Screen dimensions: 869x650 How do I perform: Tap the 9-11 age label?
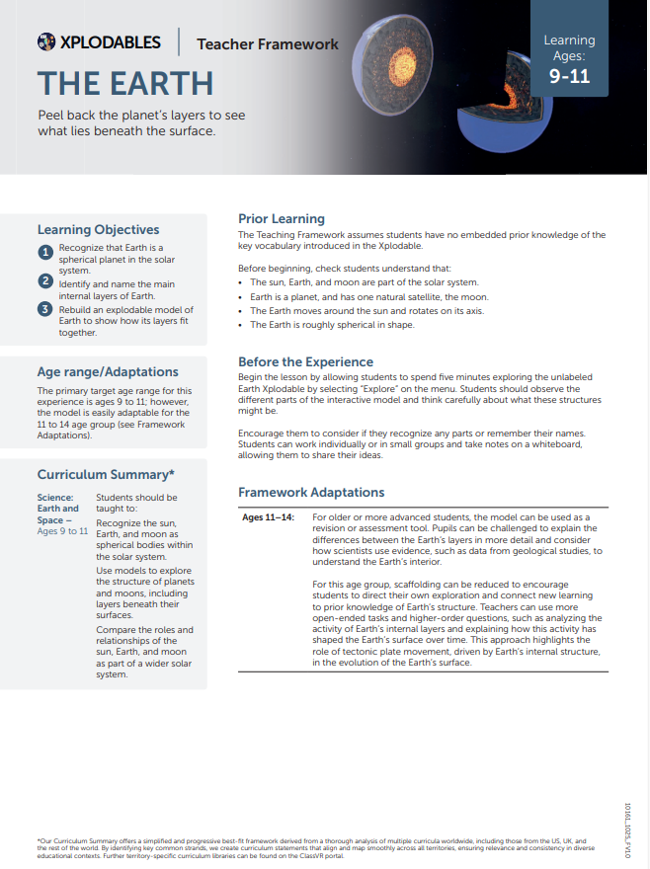click(x=569, y=75)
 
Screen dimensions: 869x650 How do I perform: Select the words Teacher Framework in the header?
click(x=267, y=43)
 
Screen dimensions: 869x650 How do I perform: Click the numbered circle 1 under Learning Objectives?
click(x=45, y=253)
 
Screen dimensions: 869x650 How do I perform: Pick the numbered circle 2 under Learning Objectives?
click(x=45, y=281)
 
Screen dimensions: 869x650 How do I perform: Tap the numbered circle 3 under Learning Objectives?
click(x=45, y=310)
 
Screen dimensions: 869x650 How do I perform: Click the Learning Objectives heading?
click(x=98, y=229)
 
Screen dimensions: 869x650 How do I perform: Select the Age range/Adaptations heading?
click(x=108, y=371)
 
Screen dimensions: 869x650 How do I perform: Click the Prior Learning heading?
click(x=282, y=218)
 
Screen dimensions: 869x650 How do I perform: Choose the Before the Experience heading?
click(x=305, y=361)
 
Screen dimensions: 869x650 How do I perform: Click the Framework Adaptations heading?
click(x=311, y=492)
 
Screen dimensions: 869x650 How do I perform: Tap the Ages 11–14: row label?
click(x=269, y=517)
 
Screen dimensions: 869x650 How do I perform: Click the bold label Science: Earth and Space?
click(x=57, y=509)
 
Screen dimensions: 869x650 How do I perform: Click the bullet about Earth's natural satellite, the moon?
click(x=368, y=296)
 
